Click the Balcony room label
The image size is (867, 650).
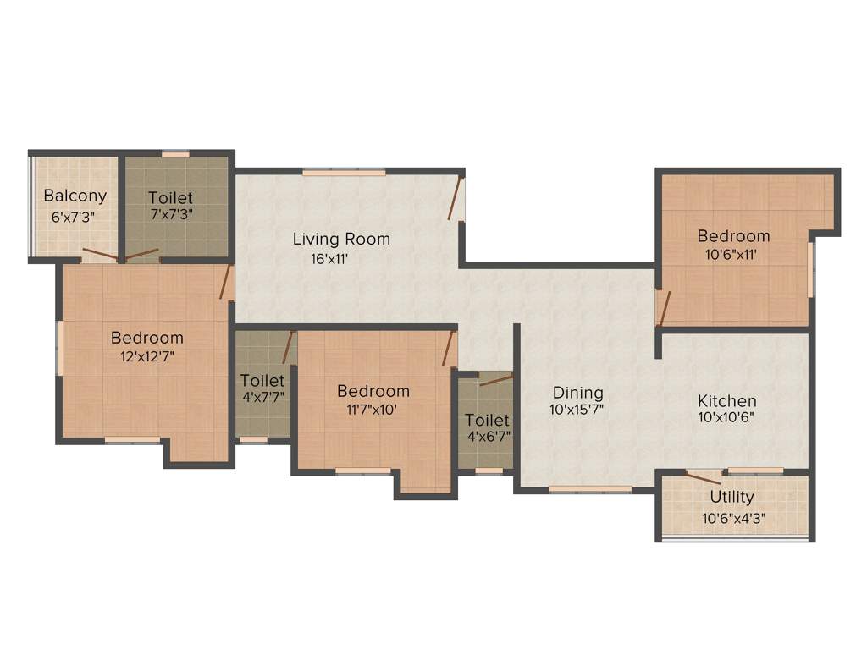pos(75,196)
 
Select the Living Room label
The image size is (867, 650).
pos(341,239)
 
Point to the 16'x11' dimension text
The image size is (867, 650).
pos(330,259)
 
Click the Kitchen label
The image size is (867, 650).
pos(726,400)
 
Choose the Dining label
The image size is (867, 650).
pos(577,393)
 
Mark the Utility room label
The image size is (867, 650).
pos(732,497)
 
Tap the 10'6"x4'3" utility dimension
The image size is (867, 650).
pos(733,519)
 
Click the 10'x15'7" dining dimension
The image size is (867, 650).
pos(576,412)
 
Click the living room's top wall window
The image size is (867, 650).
pos(344,172)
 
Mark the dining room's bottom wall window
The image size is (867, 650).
pos(589,488)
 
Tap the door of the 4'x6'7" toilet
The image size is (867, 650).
pos(495,380)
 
